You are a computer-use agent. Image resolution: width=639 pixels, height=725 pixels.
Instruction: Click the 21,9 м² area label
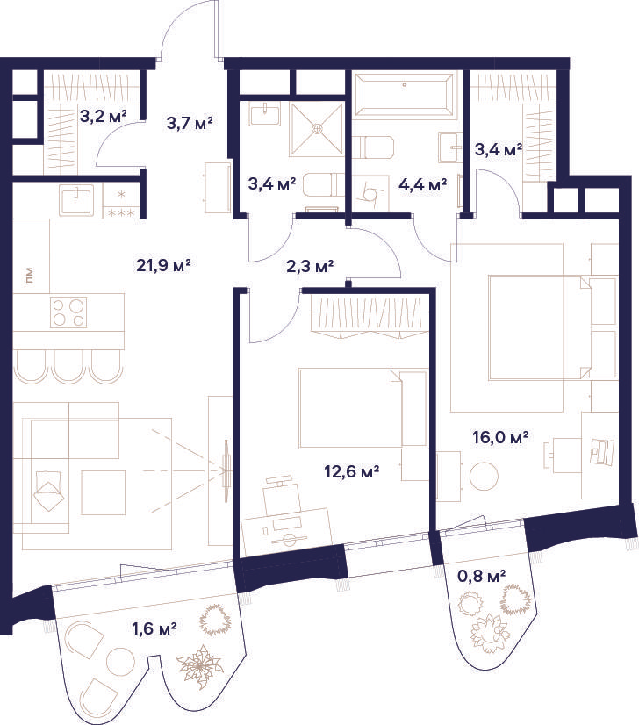coord(163,266)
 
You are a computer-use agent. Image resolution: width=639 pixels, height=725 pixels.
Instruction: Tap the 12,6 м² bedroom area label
coord(352,472)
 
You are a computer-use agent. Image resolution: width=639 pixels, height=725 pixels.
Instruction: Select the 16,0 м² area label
coord(501,437)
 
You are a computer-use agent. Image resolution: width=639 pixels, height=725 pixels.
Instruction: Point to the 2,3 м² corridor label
coord(310,267)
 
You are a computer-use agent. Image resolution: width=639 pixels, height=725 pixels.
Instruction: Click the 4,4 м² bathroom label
coord(422,185)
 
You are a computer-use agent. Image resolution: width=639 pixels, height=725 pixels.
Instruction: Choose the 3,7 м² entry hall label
coord(189,124)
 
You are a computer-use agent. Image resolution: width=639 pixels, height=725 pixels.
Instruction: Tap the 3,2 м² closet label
coord(104,116)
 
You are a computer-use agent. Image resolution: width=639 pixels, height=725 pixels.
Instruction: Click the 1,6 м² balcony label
coord(154,628)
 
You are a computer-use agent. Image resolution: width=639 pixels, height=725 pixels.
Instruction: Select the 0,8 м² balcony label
coord(481,576)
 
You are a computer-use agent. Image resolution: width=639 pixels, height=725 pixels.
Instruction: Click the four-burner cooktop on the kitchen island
coord(68,312)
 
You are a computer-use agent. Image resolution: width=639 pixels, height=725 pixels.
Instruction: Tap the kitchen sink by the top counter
coord(76,199)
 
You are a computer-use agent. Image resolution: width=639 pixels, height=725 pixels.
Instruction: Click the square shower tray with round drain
coord(318,129)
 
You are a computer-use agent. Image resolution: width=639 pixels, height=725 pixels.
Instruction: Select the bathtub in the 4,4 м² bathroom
coord(405,96)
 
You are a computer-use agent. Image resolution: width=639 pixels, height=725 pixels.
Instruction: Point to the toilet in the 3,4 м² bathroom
coord(323,185)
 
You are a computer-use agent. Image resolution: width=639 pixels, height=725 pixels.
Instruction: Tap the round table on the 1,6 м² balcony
coord(120,662)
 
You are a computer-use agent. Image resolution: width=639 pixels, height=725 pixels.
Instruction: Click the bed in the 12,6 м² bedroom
coord(363,408)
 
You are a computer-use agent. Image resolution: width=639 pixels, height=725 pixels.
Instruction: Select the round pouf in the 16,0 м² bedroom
coord(485,476)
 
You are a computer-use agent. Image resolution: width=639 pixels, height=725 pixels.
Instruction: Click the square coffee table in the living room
coord(104,492)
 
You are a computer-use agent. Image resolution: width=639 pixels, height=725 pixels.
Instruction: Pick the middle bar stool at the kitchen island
coord(68,366)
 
